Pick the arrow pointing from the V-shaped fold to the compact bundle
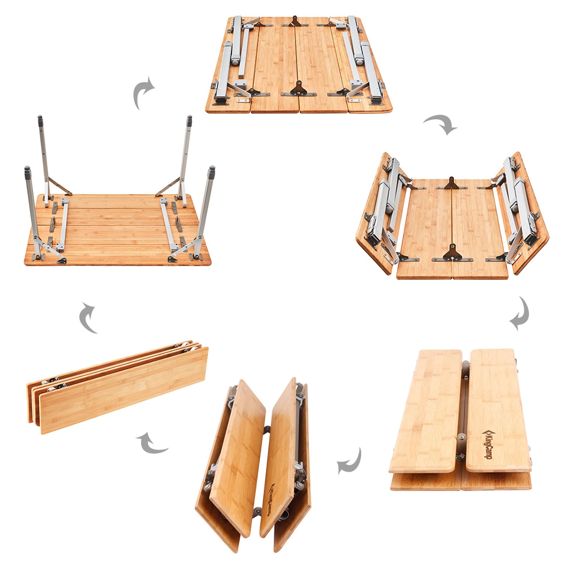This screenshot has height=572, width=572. [x=153, y=443]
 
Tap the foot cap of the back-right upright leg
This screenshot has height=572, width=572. [x=189, y=119]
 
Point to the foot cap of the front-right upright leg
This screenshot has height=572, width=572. [x=212, y=169]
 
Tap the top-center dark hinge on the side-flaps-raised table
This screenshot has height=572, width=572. [x=452, y=183]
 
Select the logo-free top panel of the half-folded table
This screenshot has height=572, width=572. [x=425, y=411]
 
